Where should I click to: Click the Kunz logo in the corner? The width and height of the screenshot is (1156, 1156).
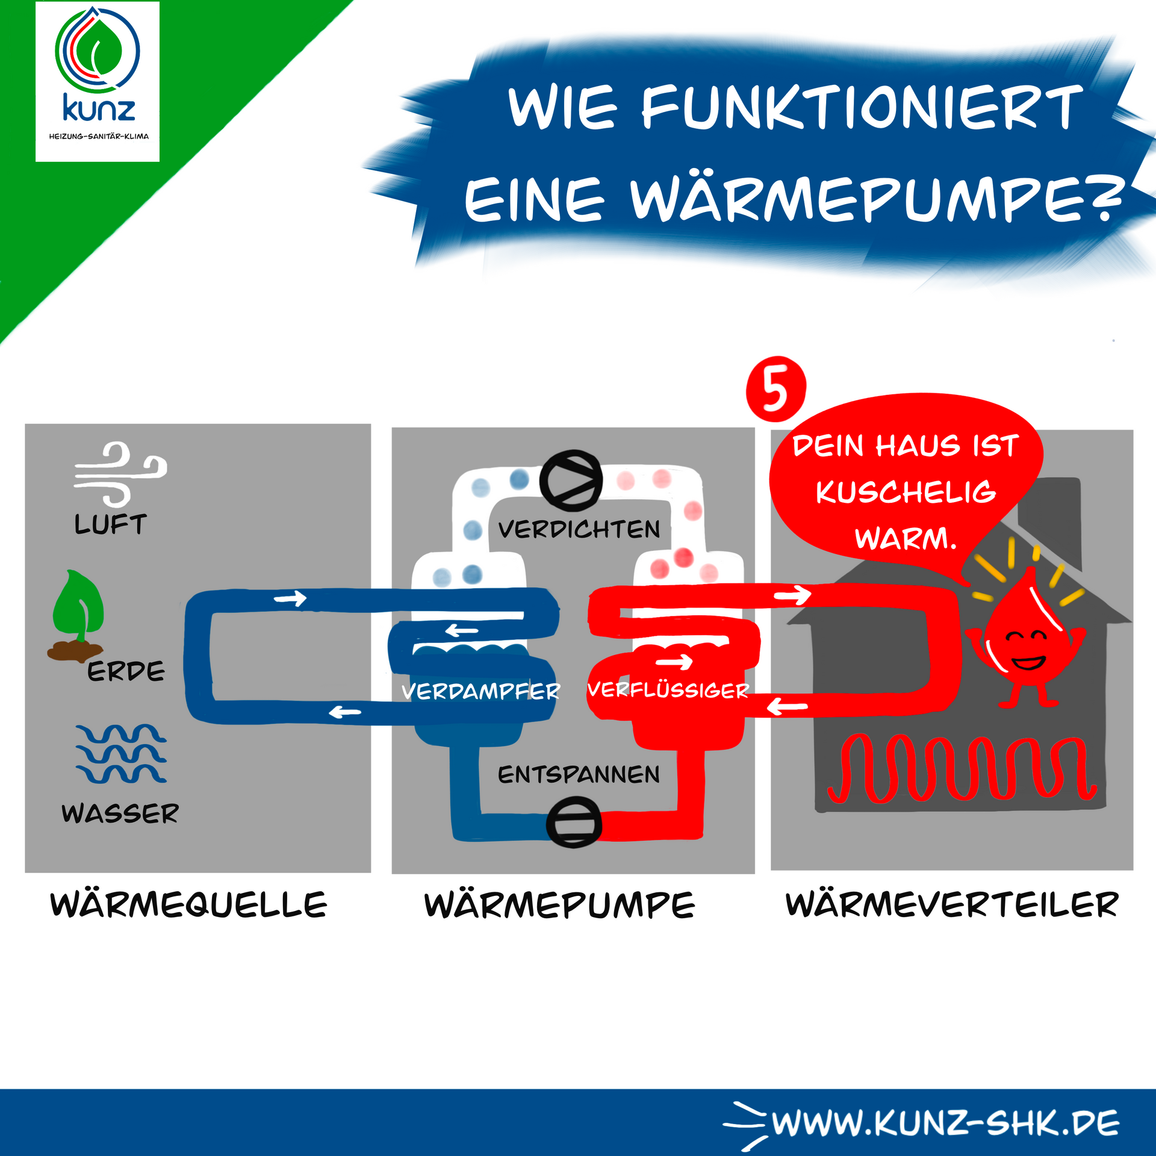(98, 81)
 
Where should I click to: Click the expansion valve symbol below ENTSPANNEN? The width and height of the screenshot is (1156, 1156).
(574, 822)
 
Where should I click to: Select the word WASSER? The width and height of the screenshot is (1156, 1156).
(120, 814)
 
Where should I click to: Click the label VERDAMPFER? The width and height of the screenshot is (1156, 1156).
(480, 691)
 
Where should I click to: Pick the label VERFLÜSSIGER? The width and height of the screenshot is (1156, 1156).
(668, 690)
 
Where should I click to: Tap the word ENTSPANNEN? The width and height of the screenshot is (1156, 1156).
(579, 774)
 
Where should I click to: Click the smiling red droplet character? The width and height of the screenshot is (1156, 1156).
(1026, 644)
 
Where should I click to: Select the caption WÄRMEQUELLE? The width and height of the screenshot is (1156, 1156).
(188, 905)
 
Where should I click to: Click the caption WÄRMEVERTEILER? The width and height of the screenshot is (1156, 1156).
(952, 905)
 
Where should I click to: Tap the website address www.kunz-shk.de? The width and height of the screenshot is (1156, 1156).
(945, 1123)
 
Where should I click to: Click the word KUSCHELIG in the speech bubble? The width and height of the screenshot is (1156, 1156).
(906, 492)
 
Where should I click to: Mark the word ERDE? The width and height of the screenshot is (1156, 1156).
(126, 671)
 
